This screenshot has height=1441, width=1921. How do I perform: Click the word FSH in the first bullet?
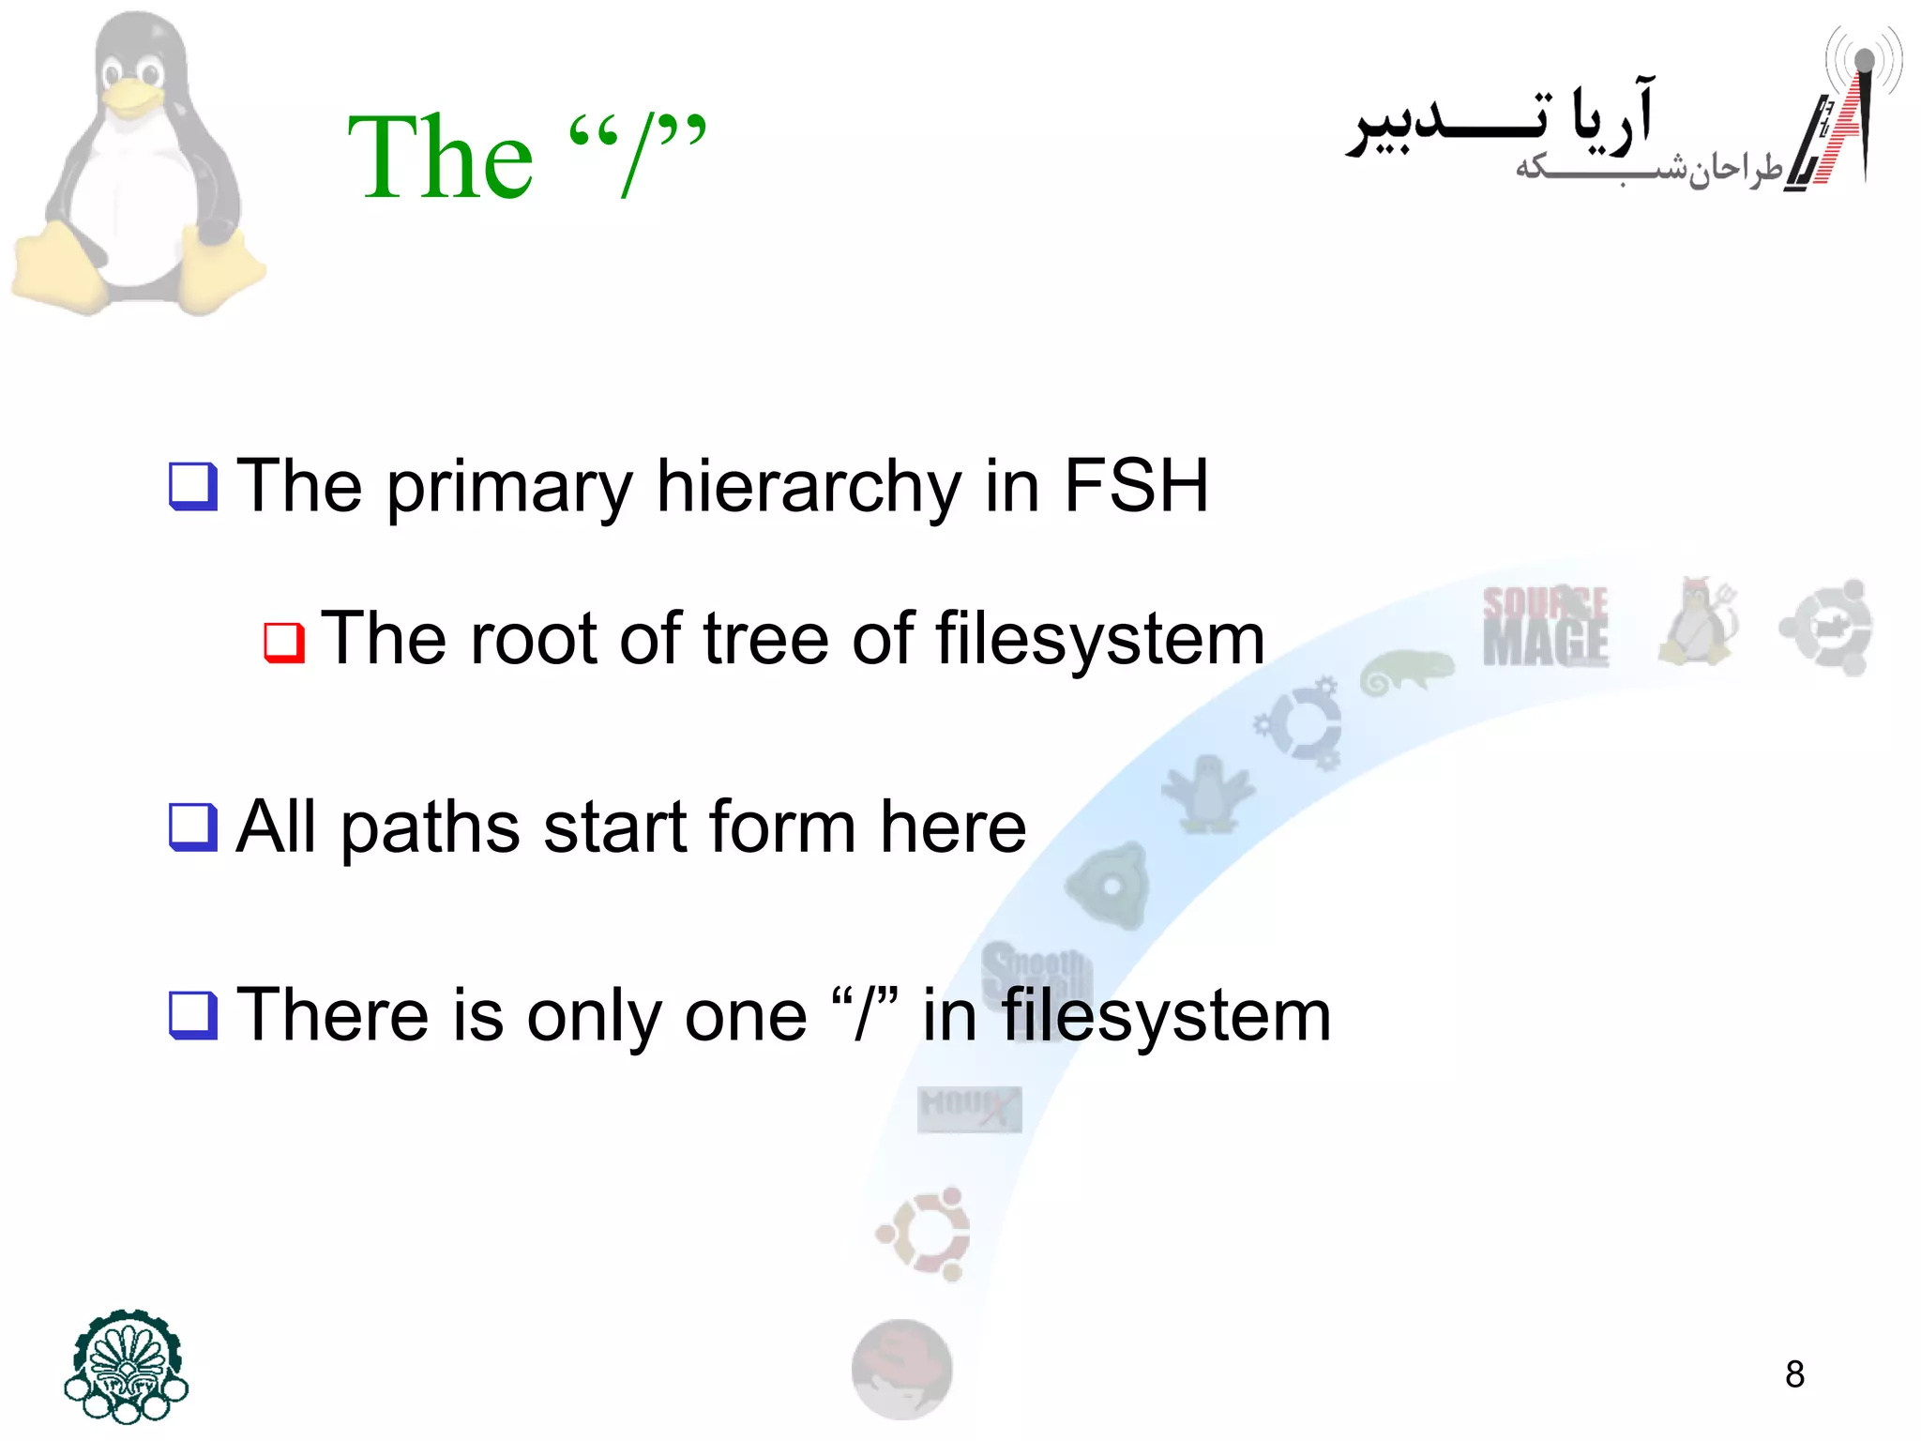[x=1135, y=486]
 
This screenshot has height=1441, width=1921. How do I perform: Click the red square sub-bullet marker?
[x=284, y=643]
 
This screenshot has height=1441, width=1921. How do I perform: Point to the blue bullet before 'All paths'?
[x=193, y=827]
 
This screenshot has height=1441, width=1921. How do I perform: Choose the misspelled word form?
[x=782, y=827]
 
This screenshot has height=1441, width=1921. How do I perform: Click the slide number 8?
[x=1794, y=1374]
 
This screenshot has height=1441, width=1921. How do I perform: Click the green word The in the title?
[x=440, y=157]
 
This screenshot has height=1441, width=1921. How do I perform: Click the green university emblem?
[x=127, y=1365]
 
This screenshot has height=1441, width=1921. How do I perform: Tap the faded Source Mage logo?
[x=1545, y=626]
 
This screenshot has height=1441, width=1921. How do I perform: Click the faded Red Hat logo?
[x=901, y=1369]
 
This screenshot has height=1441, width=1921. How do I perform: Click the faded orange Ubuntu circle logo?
[x=924, y=1234]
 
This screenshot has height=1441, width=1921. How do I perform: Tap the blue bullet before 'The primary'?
[x=193, y=487]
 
